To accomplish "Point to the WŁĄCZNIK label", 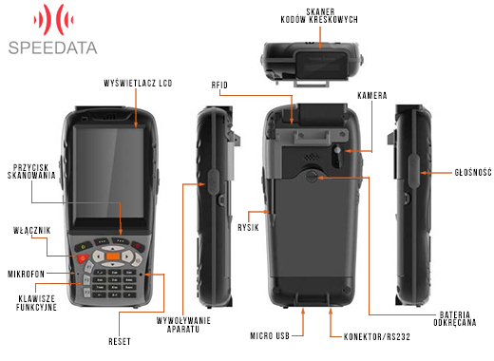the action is point(31,230).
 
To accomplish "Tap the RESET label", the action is point(121,340).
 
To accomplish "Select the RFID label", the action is point(219,85).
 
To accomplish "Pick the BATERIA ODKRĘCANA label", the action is point(464,320).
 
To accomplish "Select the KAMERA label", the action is point(372,97).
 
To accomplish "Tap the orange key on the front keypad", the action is point(113,256).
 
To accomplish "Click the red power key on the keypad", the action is point(84,257).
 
